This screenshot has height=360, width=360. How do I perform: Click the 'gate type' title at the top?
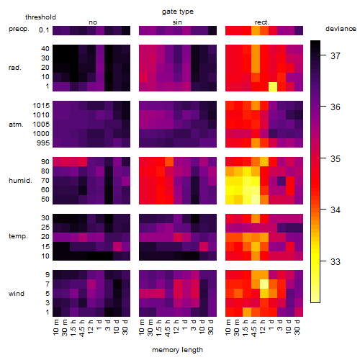point(178,12)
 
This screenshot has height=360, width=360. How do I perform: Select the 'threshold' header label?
point(40,17)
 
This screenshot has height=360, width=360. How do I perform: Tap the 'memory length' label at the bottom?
point(177,350)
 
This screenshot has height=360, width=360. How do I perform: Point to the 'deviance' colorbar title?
point(341,29)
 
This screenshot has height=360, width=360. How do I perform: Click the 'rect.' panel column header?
point(262,22)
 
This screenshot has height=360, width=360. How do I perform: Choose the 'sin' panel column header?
point(177,22)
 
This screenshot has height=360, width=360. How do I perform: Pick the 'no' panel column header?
point(93,22)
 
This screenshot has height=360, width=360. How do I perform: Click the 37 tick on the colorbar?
point(336,56)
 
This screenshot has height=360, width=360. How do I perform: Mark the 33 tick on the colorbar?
point(336,261)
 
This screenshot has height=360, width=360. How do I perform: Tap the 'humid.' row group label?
point(20,181)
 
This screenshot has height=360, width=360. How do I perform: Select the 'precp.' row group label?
point(19,29)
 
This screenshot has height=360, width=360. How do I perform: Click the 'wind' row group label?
point(17,294)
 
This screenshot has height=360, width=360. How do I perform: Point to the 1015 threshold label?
point(41,106)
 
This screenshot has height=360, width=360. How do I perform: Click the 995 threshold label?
point(43,143)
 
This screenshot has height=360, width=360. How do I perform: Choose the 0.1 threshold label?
point(44,30)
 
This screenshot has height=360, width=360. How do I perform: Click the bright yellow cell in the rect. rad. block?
point(273,86)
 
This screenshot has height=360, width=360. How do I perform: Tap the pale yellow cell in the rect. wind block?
point(264,284)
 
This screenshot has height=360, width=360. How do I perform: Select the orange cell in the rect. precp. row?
point(256,31)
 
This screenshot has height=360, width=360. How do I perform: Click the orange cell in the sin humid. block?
point(169,162)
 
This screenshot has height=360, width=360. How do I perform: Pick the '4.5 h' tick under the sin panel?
point(168,328)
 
